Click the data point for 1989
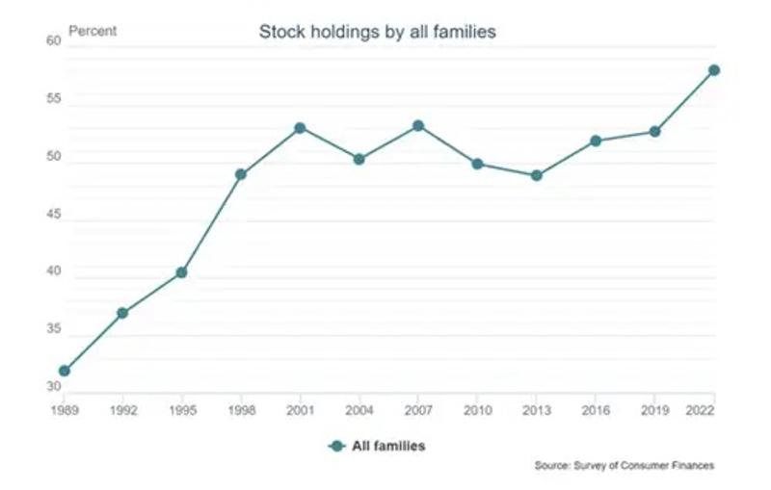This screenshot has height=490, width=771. (64, 371)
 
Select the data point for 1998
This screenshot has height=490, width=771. (241, 174)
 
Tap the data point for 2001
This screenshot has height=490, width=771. (300, 128)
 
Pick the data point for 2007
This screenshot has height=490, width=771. (418, 125)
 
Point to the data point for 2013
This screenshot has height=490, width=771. (537, 175)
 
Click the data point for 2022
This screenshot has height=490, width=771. (714, 70)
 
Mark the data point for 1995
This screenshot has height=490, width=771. (181, 272)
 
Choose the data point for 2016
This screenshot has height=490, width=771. (596, 141)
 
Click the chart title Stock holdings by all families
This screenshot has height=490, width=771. (377, 32)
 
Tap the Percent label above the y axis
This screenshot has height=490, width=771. (93, 31)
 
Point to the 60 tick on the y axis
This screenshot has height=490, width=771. (53, 41)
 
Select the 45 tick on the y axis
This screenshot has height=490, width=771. (53, 215)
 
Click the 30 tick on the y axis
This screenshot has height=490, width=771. (53, 387)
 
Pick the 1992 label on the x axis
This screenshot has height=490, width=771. (122, 408)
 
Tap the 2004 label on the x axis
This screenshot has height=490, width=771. (359, 408)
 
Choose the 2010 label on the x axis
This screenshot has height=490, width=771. (477, 408)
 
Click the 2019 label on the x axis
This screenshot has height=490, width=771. (654, 408)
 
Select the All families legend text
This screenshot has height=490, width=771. (388, 446)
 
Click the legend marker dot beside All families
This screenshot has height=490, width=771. (336, 446)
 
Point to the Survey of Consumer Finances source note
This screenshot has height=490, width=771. (625, 466)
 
